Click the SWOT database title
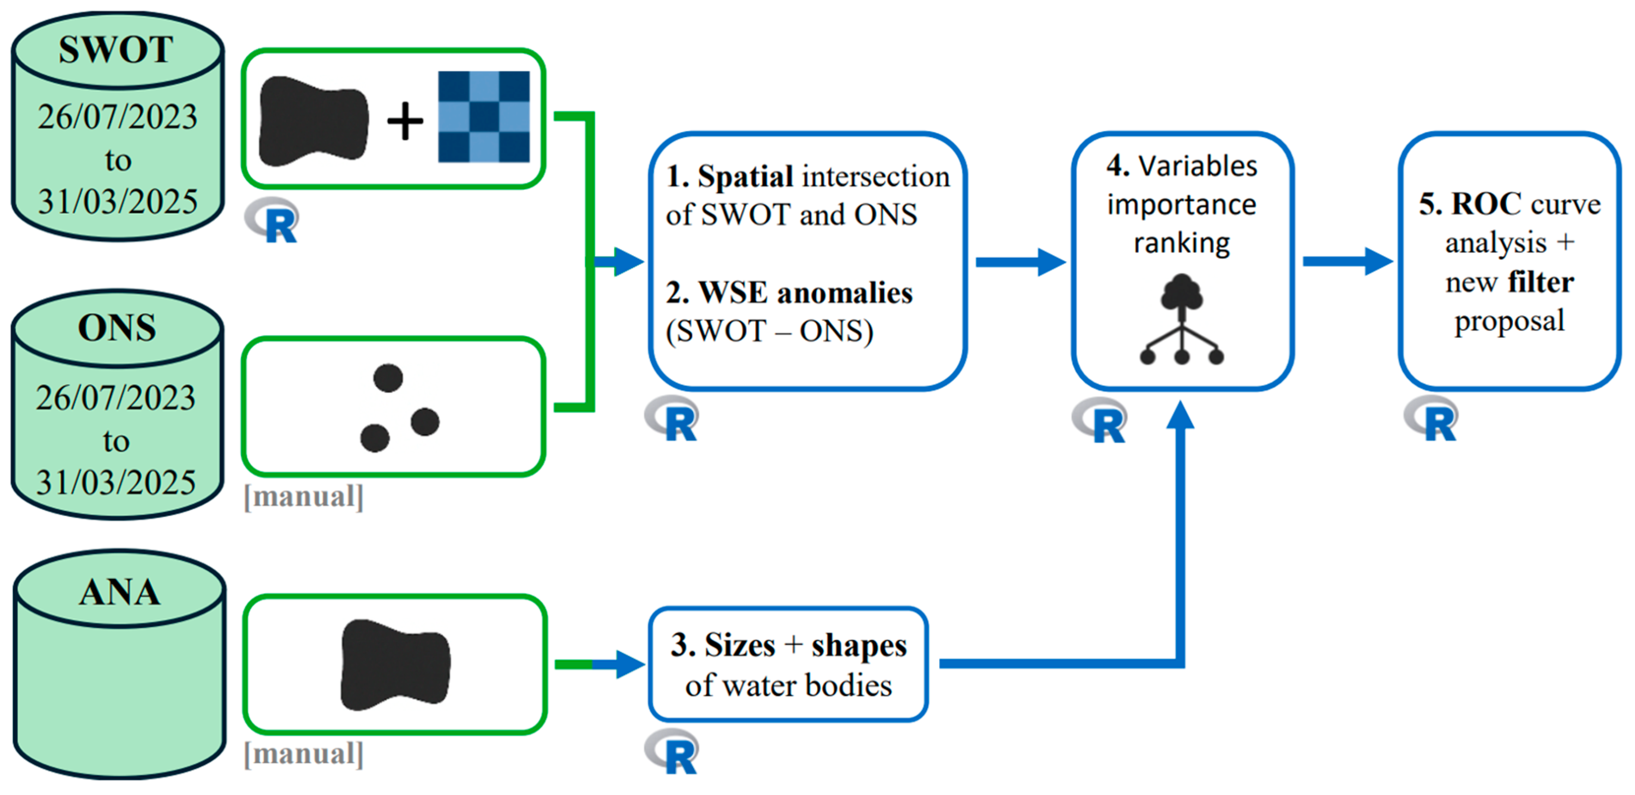pyautogui.click(x=116, y=49)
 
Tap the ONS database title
pyautogui.click(x=117, y=328)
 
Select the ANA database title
pyautogui.click(x=119, y=593)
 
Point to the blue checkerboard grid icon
pyautogui.click(x=484, y=117)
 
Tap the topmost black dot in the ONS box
pyautogui.click(x=388, y=378)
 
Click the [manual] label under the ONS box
pyautogui.click(x=303, y=497)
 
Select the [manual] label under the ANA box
pyautogui.click(x=303, y=754)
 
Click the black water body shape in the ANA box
pyautogui.click(x=396, y=664)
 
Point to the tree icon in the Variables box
pyautogui.click(x=1181, y=319)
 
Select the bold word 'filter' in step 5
pyautogui.click(x=1541, y=282)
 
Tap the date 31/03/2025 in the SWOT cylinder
pyautogui.click(x=117, y=202)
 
